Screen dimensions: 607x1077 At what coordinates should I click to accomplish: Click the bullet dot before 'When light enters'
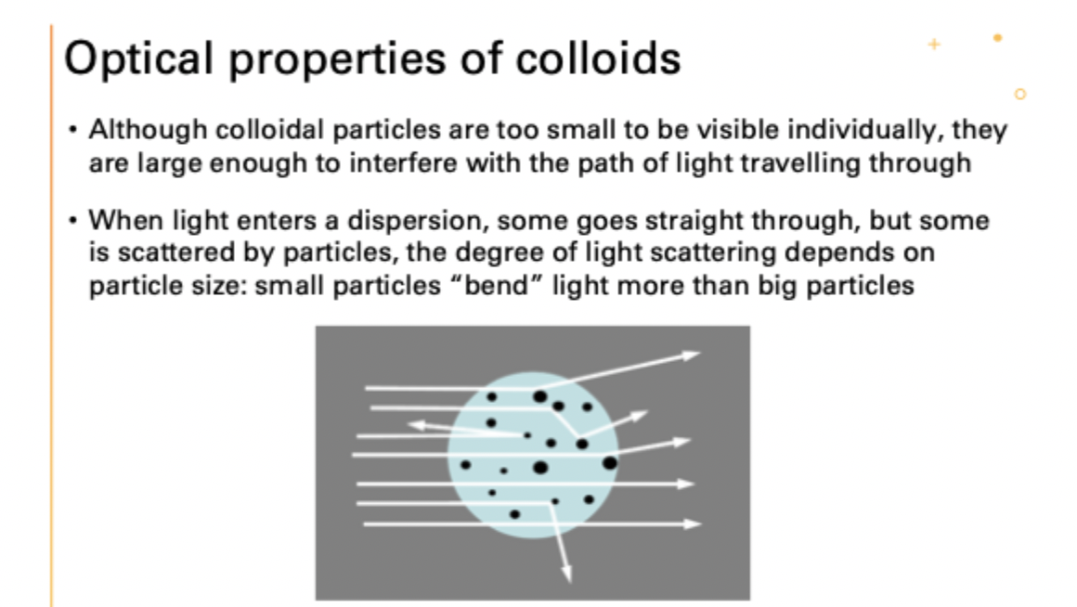(72, 223)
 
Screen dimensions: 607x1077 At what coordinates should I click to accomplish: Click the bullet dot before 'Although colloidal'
(72, 132)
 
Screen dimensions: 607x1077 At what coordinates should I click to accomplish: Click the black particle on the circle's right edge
(609, 462)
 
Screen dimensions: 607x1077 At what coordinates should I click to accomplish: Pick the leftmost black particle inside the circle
(466, 464)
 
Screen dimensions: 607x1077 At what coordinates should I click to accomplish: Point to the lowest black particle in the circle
(514, 513)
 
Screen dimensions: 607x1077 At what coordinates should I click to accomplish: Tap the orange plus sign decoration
(933, 44)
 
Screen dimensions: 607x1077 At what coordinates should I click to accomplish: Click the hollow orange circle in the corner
(1020, 94)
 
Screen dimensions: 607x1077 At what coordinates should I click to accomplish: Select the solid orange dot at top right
(997, 38)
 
